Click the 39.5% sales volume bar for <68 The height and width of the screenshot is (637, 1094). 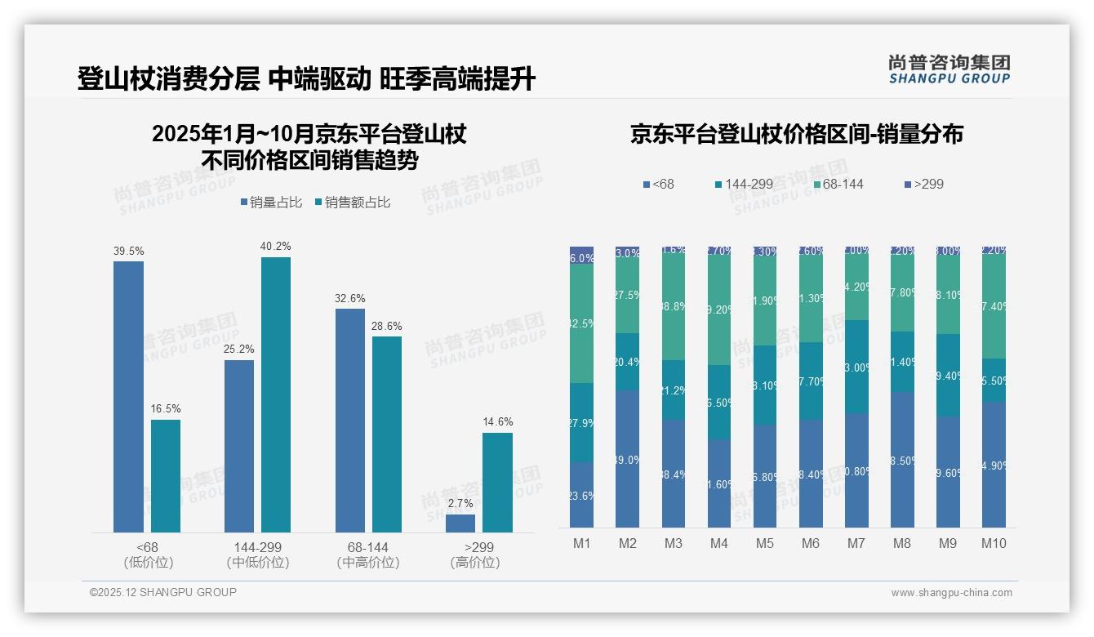pyautogui.click(x=128, y=397)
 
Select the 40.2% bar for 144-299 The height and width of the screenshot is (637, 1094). pyautogui.click(x=276, y=394)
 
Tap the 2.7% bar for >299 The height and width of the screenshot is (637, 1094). pyautogui.click(x=460, y=523)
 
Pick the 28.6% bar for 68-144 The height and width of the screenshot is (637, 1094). pyautogui.click(x=387, y=434)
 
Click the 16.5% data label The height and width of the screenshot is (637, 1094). pyautogui.click(x=166, y=408)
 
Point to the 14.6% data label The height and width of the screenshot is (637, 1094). pyautogui.click(x=497, y=421)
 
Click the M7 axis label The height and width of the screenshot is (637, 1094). pyautogui.click(x=856, y=544)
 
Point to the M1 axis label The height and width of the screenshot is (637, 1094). pyautogui.click(x=582, y=544)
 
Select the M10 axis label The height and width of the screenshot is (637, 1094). pyautogui.click(x=994, y=544)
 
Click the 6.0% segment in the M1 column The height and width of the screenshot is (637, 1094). pyautogui.click(x=582, y=256)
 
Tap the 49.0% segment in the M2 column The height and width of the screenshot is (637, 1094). pyautogui.click(x=628, y=459)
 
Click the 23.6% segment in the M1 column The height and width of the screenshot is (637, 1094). pyautogui.click(x=582, y=494)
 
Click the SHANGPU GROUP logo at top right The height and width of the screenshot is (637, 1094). pyautogui.click(x=949, y=69)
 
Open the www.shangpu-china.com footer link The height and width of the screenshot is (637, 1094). pyautogui.click(x=951, y=593)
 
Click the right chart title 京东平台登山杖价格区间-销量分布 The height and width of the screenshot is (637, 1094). pyautogui.click(x=796, y=134)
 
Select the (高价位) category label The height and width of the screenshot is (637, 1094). pyautogui.click(x=474, y=563)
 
